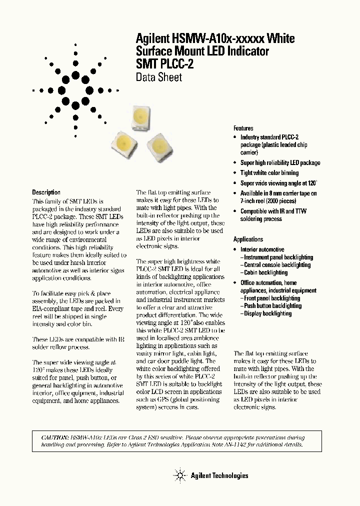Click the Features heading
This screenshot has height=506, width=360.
click(243, 128)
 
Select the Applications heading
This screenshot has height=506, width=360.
click(248, 239)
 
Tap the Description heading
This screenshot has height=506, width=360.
click(46, 192)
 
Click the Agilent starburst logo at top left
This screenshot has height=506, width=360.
click(75, 90)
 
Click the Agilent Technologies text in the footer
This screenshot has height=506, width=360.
click(219, 475)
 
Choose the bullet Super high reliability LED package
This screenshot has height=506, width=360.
click(280, 163)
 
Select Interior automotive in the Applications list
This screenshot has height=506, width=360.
click(262, 249)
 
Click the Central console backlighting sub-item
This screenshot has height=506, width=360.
click(276, 265)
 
